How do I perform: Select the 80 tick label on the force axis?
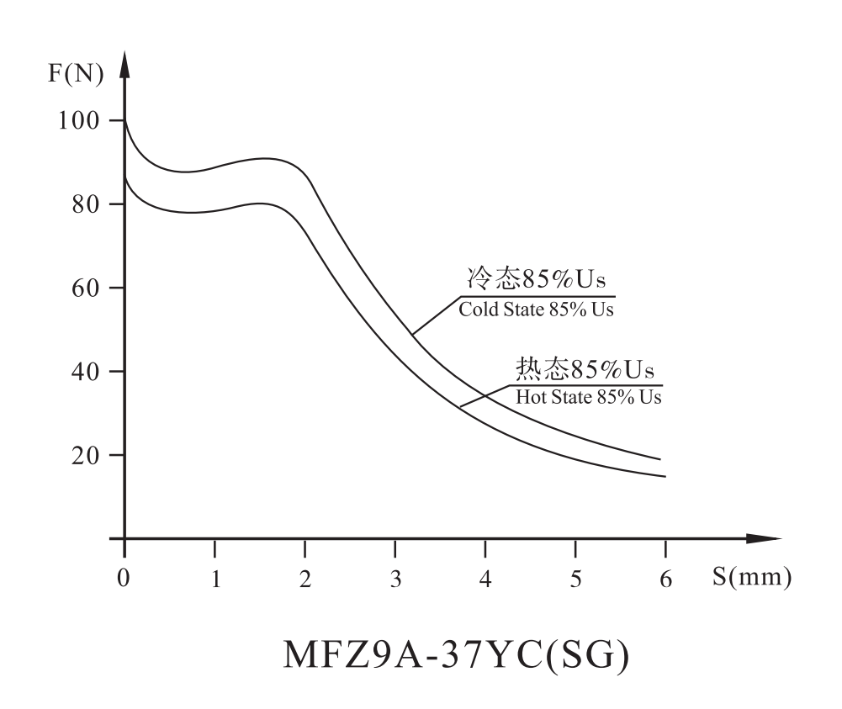point(87,204)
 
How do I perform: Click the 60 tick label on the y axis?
point(87,288)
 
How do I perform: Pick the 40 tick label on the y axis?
point(87,371)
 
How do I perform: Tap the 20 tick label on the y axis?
point(87,455)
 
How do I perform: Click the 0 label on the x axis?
point(124,580)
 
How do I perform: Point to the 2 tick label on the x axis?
point(304,580)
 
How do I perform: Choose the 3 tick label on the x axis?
point(395,580)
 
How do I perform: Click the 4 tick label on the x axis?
point(485,580)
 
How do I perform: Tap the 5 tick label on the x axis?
point(575,580)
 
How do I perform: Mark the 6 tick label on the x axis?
point(665,580)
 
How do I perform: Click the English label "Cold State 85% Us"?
point(536,310)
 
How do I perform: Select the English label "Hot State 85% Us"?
point(589,397)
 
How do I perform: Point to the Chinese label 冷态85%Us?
point(537,278)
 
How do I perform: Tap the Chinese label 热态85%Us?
point(585,369)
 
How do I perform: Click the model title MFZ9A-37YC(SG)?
point(456,658)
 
